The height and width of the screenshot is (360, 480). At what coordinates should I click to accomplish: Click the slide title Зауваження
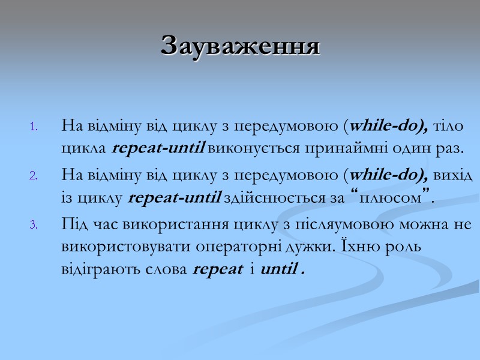click(x=240, y=46)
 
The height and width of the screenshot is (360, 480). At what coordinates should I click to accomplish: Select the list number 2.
click(x=34, y=176)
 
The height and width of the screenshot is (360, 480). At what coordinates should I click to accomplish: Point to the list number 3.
click(x=34, y=225)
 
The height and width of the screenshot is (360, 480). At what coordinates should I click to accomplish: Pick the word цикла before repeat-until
click(x=85, y=148)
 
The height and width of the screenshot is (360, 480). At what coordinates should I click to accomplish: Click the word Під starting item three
click(x=74, y=224)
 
